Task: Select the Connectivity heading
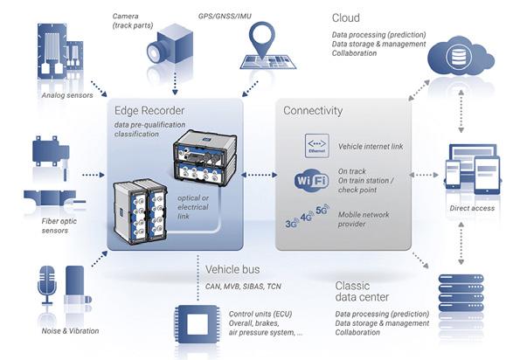click(313, 112)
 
